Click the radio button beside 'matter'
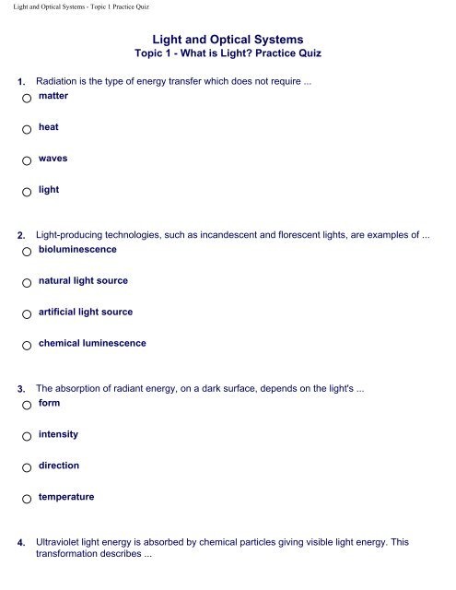(29, 99)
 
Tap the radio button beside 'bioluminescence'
(29, 252)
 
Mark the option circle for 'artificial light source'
(29, 315)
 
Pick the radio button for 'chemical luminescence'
(29, 347)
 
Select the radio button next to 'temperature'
(29, 500)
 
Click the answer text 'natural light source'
(83, 280)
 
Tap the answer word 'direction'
(59, 466)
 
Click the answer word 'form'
(50, 403)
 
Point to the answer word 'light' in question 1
(49, 189)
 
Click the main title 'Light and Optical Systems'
(228, 38)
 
